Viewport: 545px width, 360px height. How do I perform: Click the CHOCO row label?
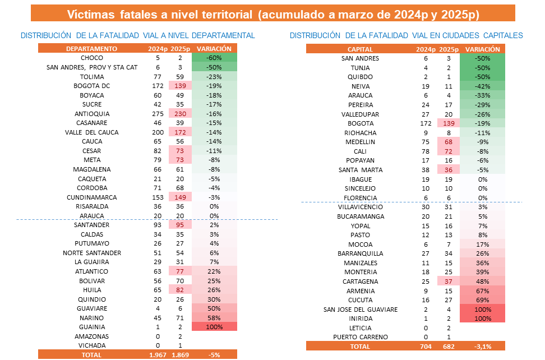tap(91, 58)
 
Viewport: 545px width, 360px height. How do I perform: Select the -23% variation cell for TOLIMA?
tap(215, 76)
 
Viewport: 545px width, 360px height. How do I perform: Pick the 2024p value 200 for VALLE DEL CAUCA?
tap(158, 132)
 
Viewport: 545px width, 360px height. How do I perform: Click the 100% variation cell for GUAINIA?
tap(215, 326)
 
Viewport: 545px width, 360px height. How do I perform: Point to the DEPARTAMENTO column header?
tap(91, 49)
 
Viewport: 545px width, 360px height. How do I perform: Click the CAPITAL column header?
tap(360, 49)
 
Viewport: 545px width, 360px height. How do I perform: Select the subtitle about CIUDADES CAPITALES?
tap(406, 35)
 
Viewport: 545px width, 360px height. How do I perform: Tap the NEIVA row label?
tap(360, 86)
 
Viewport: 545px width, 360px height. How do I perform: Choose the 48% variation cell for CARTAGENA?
tap(482, 281)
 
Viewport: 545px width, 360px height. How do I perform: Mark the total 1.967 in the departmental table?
tap(158, 355)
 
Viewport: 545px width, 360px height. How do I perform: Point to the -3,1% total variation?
tap(482, 347)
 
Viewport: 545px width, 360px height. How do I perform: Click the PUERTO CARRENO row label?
tap(360, 337)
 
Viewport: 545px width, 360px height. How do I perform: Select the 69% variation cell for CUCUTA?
tap(482, 300)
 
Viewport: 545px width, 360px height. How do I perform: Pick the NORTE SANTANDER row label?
tap(91, 253)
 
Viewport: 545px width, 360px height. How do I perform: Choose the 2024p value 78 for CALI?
tap(426, 151)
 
